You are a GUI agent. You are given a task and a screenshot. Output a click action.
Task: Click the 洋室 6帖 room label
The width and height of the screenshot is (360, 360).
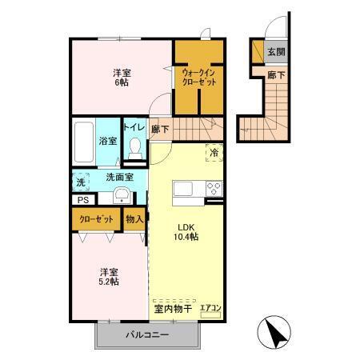pyautogui.click(x=122, y=78)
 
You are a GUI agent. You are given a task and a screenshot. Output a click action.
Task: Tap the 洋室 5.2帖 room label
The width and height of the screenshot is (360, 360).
pyautogui.click(x=109, y=275)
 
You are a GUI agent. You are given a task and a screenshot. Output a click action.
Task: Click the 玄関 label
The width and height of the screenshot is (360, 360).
pyautogui.click(x=276, y=52)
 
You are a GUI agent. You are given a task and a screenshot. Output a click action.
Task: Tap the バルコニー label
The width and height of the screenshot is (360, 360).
pyautogui.click(x=146, y=334)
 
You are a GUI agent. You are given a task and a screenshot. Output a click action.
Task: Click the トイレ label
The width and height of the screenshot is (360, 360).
pyautogui.click(x=134, y=126)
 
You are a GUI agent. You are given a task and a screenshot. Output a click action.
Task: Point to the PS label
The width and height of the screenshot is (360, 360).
pyautogui.click(x=83, y=200)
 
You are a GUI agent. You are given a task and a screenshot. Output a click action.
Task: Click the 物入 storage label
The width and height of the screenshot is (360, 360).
pyautogui.click(x=135, y=219)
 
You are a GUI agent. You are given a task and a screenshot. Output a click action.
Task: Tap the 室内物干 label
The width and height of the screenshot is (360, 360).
pyautogui.click(x=172, y=308)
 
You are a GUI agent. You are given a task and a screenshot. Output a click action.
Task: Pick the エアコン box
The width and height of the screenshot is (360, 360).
pyautogui.click(x=211, y=308)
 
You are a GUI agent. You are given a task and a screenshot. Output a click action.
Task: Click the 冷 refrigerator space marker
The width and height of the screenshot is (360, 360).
pyautogui.click(x=214, y=152)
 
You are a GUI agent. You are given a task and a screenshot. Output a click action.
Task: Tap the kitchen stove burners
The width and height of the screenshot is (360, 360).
pyautogui.click(x=214, y=189)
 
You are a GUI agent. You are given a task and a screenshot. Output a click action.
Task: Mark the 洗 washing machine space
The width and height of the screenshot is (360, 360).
pyautogui.click(x=81, y=182)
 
